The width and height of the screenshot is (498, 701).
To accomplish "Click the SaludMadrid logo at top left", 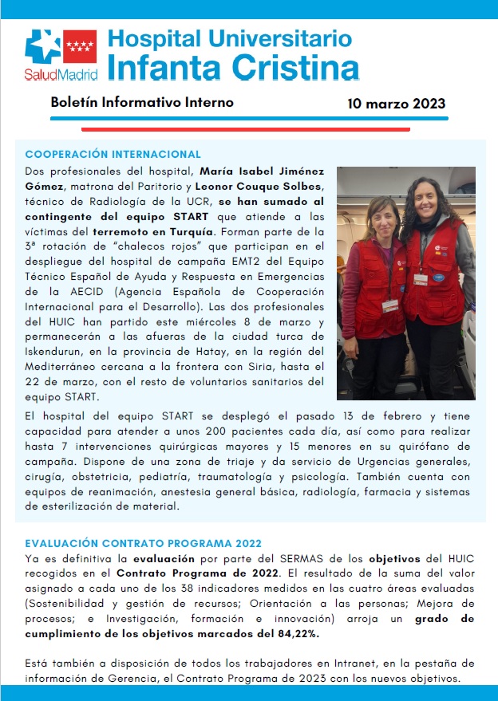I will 61,55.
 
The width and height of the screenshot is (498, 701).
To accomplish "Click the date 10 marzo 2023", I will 396,104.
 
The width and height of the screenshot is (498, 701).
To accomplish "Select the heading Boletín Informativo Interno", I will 142,103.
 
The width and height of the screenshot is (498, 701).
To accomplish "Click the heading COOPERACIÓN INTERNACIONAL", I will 113,154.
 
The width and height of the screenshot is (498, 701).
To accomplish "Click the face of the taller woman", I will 422,199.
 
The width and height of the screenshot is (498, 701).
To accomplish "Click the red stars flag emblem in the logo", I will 80,47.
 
